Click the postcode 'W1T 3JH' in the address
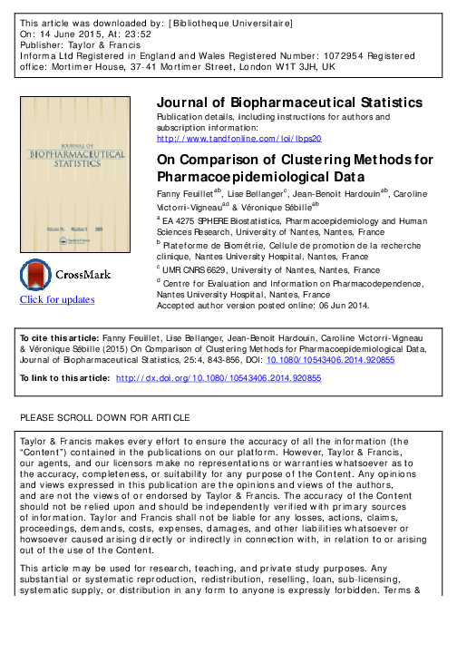coord(292,67)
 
